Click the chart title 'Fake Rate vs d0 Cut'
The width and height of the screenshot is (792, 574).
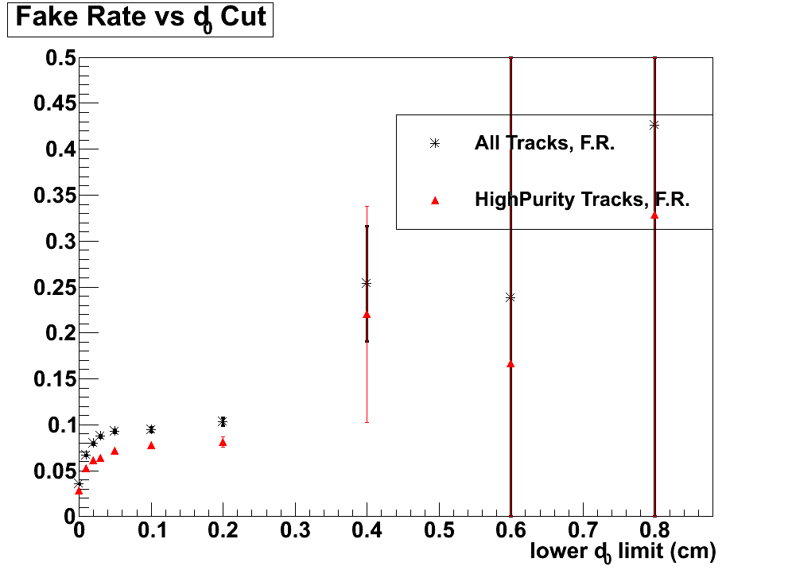(140, 18)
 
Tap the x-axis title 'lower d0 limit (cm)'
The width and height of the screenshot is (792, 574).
(623, 551)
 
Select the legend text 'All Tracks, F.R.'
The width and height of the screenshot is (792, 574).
(545, 143)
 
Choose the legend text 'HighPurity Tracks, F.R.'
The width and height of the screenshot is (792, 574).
(581, 200)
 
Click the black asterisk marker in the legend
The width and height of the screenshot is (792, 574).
(434, 143)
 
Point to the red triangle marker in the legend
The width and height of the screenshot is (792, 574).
(434, 200)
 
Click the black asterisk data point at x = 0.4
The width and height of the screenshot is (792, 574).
(367, 282)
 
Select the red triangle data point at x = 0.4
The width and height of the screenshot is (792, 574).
(367, 314)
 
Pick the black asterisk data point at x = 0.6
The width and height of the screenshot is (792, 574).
(511, 297)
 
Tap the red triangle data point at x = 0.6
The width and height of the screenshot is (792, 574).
(511, 364)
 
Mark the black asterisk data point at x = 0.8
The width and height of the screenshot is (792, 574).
(654, 125)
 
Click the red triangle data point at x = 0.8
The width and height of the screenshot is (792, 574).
(654, 215)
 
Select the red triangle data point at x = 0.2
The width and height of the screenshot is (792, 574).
(223, 442)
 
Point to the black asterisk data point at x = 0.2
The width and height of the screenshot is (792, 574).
(223, 421)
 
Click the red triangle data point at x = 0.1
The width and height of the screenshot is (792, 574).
(151, 445)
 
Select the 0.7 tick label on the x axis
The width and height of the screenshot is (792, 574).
(583, 529)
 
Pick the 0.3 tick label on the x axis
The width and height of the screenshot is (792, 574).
(295, 529)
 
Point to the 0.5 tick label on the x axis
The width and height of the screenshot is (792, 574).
(439, 529)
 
